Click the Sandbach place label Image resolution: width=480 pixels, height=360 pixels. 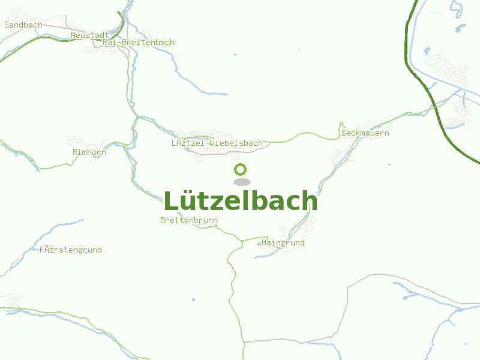[x=23, y=25]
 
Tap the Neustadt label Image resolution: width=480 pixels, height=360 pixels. [x=89, y=35]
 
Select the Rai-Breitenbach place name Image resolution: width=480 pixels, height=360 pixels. [x=139, y=43]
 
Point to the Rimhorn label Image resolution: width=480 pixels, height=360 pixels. [x=89, y=152]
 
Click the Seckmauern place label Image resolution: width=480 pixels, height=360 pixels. [x=365, y=133]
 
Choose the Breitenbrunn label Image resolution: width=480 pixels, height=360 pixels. [x=189, y=221]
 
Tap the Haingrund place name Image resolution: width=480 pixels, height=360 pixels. [x=283, y=243]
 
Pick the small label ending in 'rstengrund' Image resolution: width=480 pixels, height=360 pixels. [x=71, y=250]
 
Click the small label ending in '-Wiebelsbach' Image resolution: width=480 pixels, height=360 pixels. [x=217, y=143]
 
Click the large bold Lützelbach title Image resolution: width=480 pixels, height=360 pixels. [x=241, y=201]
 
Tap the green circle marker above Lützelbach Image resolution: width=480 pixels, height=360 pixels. [x=241, y=170]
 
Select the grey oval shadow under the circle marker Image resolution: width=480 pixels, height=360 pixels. [x=241, y=182]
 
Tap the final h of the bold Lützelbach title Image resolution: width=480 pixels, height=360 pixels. [x=310, y=201]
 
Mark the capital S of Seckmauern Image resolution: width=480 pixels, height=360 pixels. [x=344, y=133]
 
